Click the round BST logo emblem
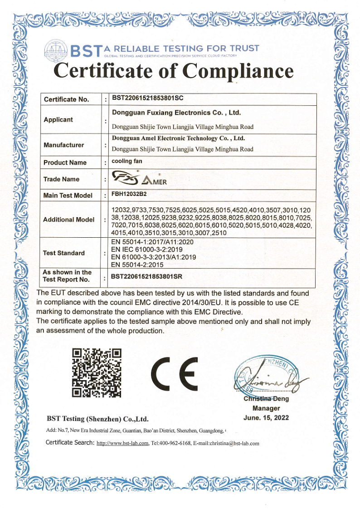tap(55, 51)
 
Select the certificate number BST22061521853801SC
tap(147, 98)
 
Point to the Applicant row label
tap(58, 120)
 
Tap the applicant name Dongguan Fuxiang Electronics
tap(176, 112)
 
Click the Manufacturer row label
tap(63, 145)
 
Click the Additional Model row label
tap(68, 220)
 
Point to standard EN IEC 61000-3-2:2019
tap(146, 250)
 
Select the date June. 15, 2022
tap(266, 418)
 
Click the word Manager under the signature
tap(266, 408)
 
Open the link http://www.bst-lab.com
tap(123, 443)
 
